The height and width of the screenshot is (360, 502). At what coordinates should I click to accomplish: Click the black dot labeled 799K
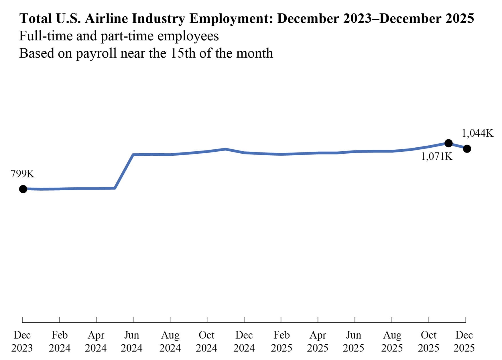tap(23, 189)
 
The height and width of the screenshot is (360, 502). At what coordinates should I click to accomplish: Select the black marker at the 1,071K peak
tap(448, 143)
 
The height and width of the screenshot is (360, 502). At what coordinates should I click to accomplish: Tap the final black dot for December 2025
tap(467, 149)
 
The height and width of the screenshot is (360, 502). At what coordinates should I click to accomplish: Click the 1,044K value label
tap(477, 133)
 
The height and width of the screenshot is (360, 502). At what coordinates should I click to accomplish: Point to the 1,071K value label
tap(436, 156)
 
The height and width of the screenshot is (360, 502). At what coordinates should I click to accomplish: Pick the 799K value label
tap(23, 174)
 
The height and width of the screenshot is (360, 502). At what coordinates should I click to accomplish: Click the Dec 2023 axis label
tap(22, 341)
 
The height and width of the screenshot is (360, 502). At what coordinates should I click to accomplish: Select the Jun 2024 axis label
tap(132, 341)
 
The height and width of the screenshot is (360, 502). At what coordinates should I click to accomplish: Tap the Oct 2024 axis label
tap(206, 341)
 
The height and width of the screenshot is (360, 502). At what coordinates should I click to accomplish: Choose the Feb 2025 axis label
tap(281, 341)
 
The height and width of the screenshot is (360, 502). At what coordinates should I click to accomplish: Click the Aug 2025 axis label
tap(392, 341)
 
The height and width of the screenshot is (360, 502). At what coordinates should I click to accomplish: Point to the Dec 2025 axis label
tap(464, 341)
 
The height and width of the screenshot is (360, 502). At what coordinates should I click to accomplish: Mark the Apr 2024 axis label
tap(96, 341)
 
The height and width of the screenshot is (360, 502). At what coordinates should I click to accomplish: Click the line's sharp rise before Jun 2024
tap(124, 171)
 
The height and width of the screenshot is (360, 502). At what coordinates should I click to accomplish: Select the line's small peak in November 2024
tap(226, 149)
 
